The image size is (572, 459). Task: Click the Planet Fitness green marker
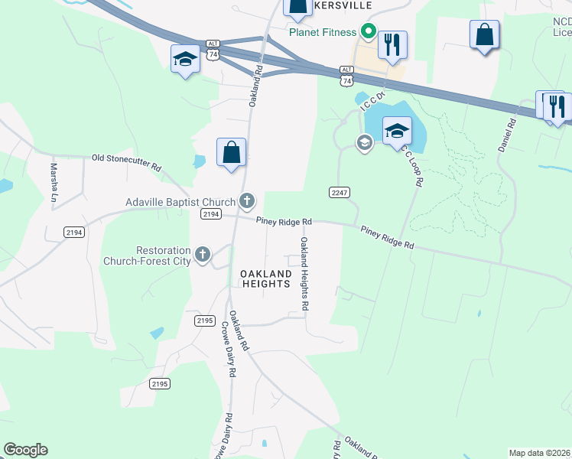[367, 32]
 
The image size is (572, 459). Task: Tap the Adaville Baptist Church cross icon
[246, 202]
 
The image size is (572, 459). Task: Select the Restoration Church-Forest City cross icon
[203, 255]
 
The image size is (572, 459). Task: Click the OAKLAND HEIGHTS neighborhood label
[265, 278]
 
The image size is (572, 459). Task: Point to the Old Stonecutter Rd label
[127, 162]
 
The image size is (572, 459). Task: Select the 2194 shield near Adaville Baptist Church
[212, 214]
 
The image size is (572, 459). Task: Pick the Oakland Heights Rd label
[304, 272]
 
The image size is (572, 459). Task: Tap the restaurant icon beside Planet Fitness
[392, 44]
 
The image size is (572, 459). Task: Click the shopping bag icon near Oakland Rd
[231, 151]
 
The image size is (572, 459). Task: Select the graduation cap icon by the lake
[397, 130]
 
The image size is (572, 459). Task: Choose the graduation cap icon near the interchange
[185, 60]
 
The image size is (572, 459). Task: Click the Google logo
[25, 450]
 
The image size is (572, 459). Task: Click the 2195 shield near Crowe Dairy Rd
[203, 321]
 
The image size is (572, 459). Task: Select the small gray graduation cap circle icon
[365, 142]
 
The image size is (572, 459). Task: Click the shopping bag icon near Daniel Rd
[484, 34]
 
